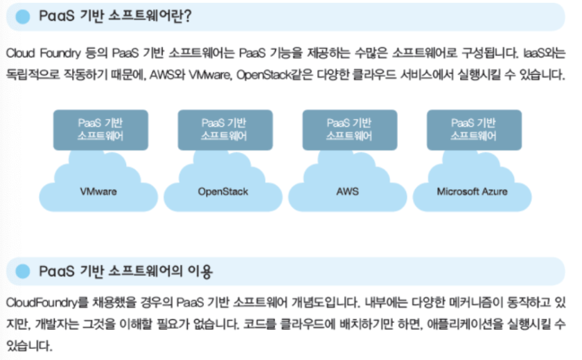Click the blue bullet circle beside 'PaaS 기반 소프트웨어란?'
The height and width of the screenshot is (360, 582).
[x=23, y=17]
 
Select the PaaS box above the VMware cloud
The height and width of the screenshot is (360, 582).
[x=101, y=130]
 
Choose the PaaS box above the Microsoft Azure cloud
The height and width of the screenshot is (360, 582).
[x=474, y=130]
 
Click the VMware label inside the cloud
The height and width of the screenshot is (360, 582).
[x=98, y=191]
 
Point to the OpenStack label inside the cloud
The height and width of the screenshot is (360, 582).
[x=223, y=191]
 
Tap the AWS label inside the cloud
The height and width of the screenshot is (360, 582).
[x=348, y=191]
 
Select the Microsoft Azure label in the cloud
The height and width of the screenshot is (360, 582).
[x=472, y=191]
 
